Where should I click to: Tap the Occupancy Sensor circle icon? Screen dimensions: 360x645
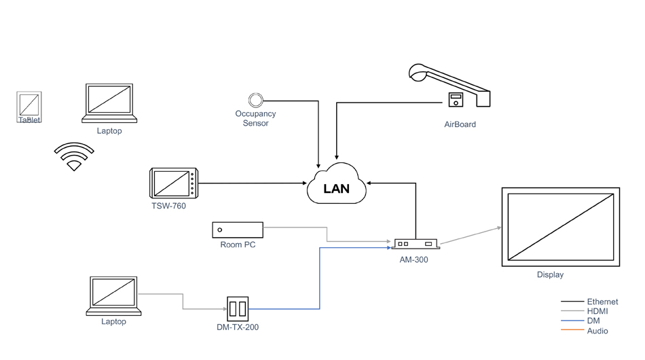pos(255,101)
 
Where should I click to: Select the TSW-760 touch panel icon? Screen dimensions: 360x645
pos(173,183)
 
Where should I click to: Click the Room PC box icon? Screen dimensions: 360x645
pos(238,230)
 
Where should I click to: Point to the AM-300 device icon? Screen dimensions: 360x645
pos(415,243)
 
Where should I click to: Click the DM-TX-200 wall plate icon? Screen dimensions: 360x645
pos(238,309)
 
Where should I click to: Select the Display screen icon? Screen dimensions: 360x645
pos(560,226)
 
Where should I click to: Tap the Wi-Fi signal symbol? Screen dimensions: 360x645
pos(74,157)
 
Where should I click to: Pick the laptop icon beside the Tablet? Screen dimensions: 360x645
pos(109,104)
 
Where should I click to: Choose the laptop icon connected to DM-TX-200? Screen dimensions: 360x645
pos(114,296)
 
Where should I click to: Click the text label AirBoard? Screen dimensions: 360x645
pos(460,124)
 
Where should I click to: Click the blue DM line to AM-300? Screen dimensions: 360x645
pos(319,278)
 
